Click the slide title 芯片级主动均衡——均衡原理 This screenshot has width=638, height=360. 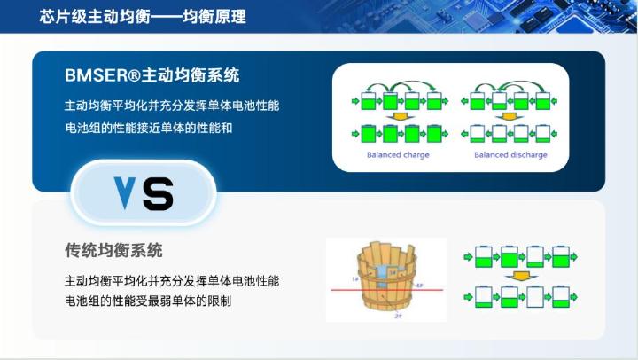point(143,17)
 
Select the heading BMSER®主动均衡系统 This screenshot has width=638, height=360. point(152,74)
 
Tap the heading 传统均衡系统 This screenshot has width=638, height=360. point(113,250)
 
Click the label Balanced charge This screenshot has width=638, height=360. point(398,154)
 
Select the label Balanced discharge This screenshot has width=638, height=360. point(510,154)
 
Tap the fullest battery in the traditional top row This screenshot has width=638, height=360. point(510,256)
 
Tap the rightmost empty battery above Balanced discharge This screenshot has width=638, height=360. point(542,135)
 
